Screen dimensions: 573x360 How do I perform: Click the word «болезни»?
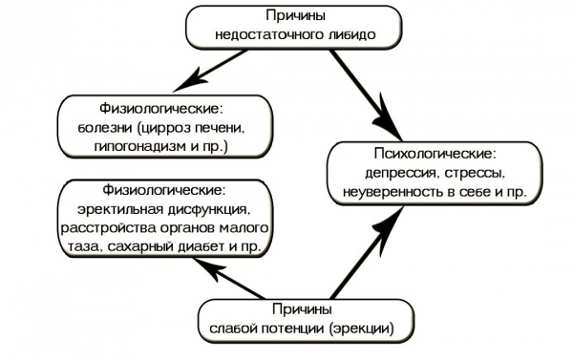pos(105,128)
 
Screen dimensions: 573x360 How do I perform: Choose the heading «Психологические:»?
pos(435,154)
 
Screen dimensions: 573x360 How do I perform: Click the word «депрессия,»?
pos(402,173)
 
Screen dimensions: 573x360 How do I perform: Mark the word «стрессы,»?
pos(475,173)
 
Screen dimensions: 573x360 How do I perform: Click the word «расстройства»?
pos(106,228)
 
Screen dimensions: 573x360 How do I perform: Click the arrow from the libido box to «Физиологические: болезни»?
pos(209,71)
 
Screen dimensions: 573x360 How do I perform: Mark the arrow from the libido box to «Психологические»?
pos(366,95)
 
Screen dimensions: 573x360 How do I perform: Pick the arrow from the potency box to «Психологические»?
pos(367,253)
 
